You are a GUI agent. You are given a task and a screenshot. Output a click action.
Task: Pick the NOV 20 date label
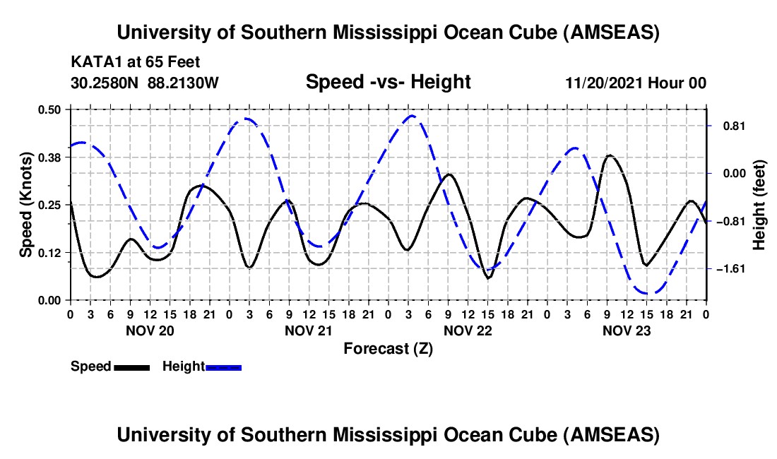coord(149,330)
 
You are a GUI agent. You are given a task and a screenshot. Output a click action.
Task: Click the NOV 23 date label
coord(626,330)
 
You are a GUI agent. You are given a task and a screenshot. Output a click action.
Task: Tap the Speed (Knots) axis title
coord(25,204)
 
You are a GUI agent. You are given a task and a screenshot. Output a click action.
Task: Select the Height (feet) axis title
coord(760,204)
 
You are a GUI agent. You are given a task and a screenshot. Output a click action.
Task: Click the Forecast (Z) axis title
coord(388,348)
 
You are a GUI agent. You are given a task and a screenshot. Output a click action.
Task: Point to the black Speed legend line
coord(131,366)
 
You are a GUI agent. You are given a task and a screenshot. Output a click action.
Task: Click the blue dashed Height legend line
coord(224,366)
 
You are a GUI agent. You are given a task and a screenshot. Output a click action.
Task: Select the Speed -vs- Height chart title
coord(388,82)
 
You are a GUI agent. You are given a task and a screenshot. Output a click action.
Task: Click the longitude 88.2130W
coord(184,83)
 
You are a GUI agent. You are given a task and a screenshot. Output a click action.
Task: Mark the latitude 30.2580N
coord(105,83)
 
